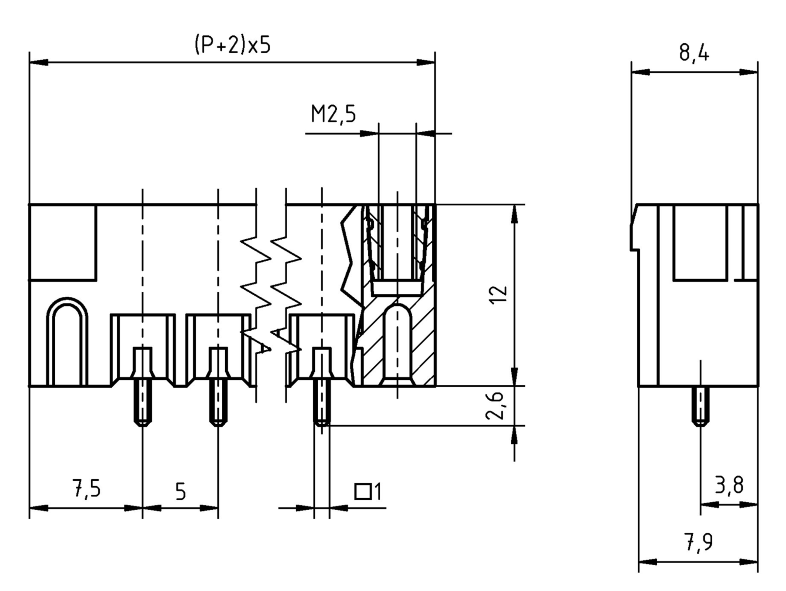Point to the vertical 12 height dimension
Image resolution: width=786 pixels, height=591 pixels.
pos(498,295)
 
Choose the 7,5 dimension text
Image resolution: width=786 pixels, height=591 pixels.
pos(86,489)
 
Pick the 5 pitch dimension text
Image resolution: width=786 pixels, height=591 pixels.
pos(180,492)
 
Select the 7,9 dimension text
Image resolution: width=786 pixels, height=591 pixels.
pos(698,542)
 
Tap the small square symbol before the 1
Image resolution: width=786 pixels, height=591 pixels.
pos(363,492)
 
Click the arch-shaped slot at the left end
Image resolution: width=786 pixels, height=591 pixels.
pos(67,341)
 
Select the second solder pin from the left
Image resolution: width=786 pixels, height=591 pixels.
pos(218,405)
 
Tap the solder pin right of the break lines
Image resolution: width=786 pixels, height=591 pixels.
pos(322,405)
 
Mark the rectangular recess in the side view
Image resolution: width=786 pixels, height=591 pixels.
pos(700,242)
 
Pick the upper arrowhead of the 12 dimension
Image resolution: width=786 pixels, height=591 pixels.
pos(515,214)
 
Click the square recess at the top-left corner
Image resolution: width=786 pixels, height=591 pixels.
pos(63,242)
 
